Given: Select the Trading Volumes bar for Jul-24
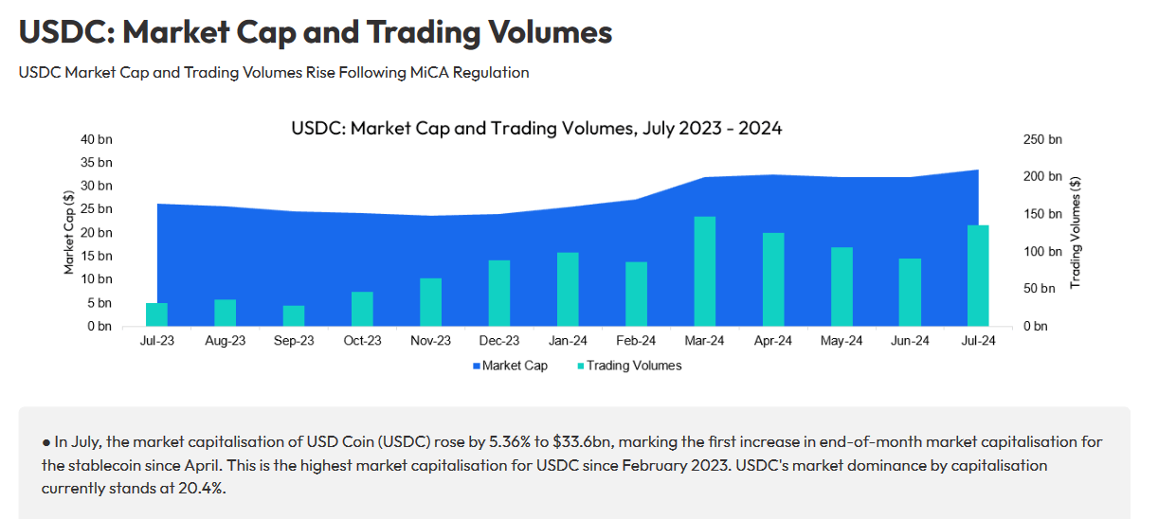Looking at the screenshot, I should pos(977,276).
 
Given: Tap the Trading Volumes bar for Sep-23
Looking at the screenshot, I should pos(294,316).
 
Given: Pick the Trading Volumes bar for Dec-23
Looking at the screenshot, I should pos(498,294).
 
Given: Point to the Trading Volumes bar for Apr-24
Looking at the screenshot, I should pos(772,279).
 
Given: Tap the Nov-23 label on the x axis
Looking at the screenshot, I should pos(430,342).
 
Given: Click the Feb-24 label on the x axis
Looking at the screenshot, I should pos(636,342).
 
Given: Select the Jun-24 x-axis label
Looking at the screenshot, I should pos(909,342).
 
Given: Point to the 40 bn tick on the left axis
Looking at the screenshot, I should pos(97,139).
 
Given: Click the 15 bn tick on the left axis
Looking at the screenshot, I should pos(97,256).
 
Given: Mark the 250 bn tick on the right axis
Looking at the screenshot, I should pos(1042,139).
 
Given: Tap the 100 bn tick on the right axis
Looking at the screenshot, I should pos(1042,251).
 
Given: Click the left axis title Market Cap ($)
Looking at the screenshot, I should pos(69,233).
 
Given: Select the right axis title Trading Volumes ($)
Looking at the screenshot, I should pos(1075,233).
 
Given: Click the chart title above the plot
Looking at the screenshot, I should pos(536,128).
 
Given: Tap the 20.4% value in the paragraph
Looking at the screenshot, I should pos(204,489).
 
